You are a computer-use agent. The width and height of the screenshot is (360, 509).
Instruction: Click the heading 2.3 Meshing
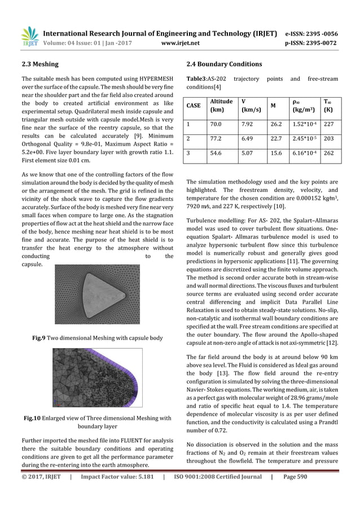click(39, 64)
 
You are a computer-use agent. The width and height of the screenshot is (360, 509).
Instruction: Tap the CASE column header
click(194, 106)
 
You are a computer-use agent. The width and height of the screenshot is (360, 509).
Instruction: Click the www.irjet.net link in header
click(179, 41)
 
